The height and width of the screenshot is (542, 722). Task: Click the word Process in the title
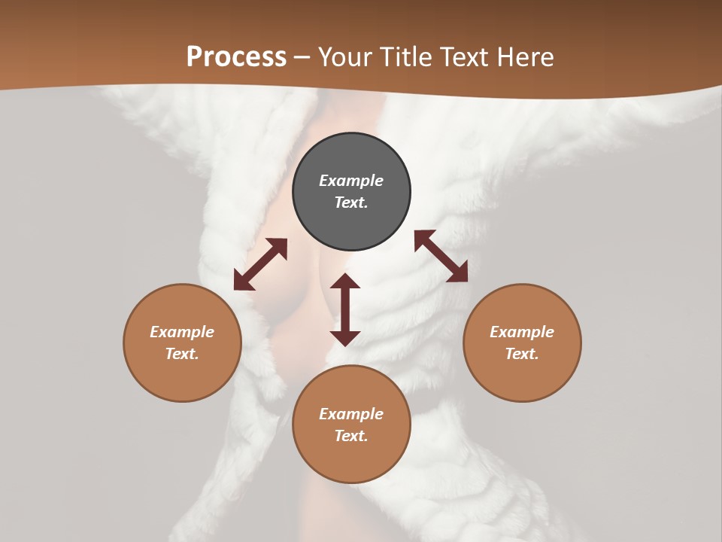pos(236,57)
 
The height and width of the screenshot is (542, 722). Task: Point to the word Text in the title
pos(463,57)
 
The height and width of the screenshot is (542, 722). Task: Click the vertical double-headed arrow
pos(345,309)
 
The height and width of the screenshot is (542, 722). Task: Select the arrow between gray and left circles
pos(260,264)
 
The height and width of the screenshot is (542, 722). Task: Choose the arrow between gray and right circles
pos(441,256)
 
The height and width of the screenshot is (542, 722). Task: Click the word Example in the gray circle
pos(351,181)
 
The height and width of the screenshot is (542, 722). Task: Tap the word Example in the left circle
pos(182,332)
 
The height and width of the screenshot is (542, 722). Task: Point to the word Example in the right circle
pos(522,332)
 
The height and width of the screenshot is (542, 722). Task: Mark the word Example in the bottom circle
pos(351,414)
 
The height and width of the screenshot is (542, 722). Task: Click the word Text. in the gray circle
pos(351,202)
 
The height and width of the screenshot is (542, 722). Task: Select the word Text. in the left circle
pos(182,354)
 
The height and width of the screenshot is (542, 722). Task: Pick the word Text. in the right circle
pos(522,354)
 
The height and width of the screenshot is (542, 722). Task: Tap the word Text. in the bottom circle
pos(351,436)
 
